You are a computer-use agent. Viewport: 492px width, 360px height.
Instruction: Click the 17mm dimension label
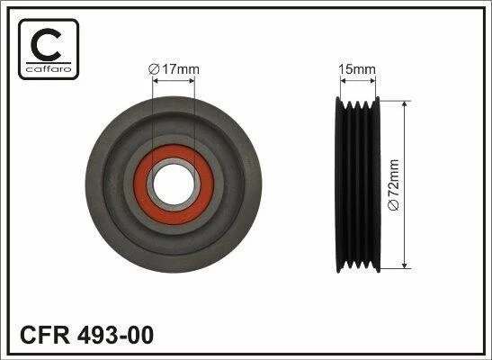pos(174,69)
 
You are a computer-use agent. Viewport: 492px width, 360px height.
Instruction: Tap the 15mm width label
pos(358,69)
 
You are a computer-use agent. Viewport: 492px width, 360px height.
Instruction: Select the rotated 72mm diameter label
pos(393,184)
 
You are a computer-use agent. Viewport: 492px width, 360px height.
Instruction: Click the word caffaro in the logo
pos(49,69)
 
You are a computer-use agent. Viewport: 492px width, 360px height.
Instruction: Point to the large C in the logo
pos(46,45)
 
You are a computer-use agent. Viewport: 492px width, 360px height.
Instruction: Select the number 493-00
pos(115,335)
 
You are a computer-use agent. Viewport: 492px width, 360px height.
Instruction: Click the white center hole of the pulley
pos(174,184)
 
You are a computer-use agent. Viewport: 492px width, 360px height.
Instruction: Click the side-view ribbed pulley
pos(358,184)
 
